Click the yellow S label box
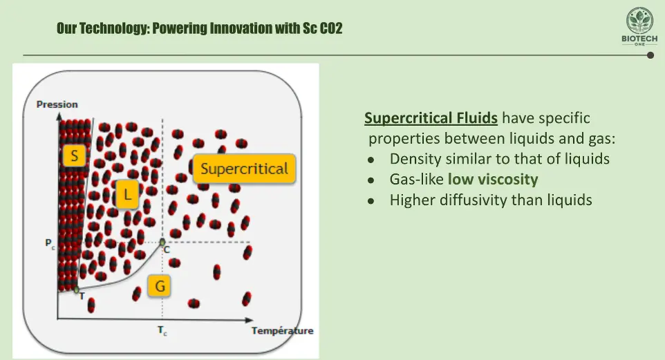[74, 155]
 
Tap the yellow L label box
[127, 194]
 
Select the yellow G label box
[160, 286]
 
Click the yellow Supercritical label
[244, 169]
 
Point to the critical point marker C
[162, 242]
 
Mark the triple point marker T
[76, 290]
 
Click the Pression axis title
[57, 104]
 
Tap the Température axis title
[283, 331]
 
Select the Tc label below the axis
[162, 330]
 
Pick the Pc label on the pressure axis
[50, 244]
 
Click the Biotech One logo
[639, 26]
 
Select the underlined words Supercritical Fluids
[431, 118]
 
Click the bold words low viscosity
[493, 180]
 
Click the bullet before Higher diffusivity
[371, 201]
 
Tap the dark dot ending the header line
[650, 55]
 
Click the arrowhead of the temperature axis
[250, 320]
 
